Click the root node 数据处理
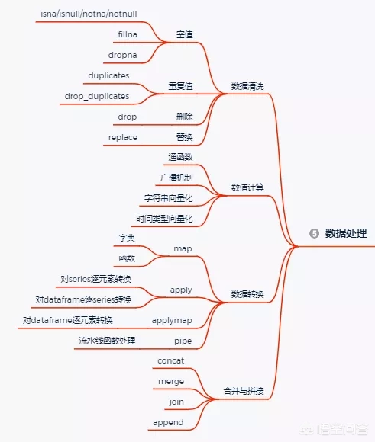point(346,233)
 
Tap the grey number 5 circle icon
point(314,233)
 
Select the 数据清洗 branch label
point(247,86)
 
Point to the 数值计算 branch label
point(247,187)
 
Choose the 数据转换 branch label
point(247,294)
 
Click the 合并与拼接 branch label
point(244,391)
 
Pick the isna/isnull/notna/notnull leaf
point(89,14)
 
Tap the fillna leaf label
point(128,34)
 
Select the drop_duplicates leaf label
point(97,96)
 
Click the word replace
point(123,138)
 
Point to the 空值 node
point(185,34)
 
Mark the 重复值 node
point(180,86)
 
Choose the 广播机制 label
point(176,178)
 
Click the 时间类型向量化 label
point(164,219)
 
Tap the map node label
point(183,248)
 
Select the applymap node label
point(172,321)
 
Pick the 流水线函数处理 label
point(108,341)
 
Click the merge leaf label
point(171,381)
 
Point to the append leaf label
point(169,422)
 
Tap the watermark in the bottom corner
point(334,430)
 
